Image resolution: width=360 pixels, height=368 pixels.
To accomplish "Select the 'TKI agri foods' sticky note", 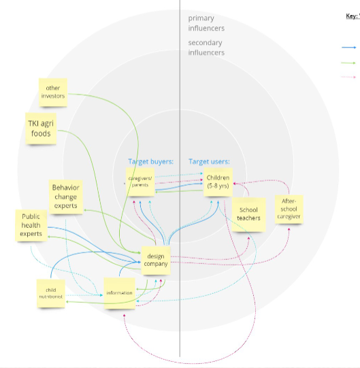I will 40,129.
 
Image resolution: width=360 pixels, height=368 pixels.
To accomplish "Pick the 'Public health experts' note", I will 31,225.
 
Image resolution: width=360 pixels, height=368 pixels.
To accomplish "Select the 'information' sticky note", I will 119,293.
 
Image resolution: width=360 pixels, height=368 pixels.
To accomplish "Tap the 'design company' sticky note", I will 156,260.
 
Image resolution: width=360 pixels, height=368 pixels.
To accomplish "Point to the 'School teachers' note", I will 248,214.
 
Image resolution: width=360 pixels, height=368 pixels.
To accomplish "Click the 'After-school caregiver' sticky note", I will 288,211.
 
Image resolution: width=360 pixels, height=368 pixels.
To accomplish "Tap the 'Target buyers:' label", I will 151,162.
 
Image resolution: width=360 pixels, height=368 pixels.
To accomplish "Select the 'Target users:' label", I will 209,162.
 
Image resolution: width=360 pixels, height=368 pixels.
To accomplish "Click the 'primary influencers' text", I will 206,24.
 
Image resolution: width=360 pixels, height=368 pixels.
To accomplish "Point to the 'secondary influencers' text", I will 206,48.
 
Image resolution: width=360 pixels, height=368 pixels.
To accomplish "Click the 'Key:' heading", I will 351,16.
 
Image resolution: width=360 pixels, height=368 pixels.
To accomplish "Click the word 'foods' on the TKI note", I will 41,133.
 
